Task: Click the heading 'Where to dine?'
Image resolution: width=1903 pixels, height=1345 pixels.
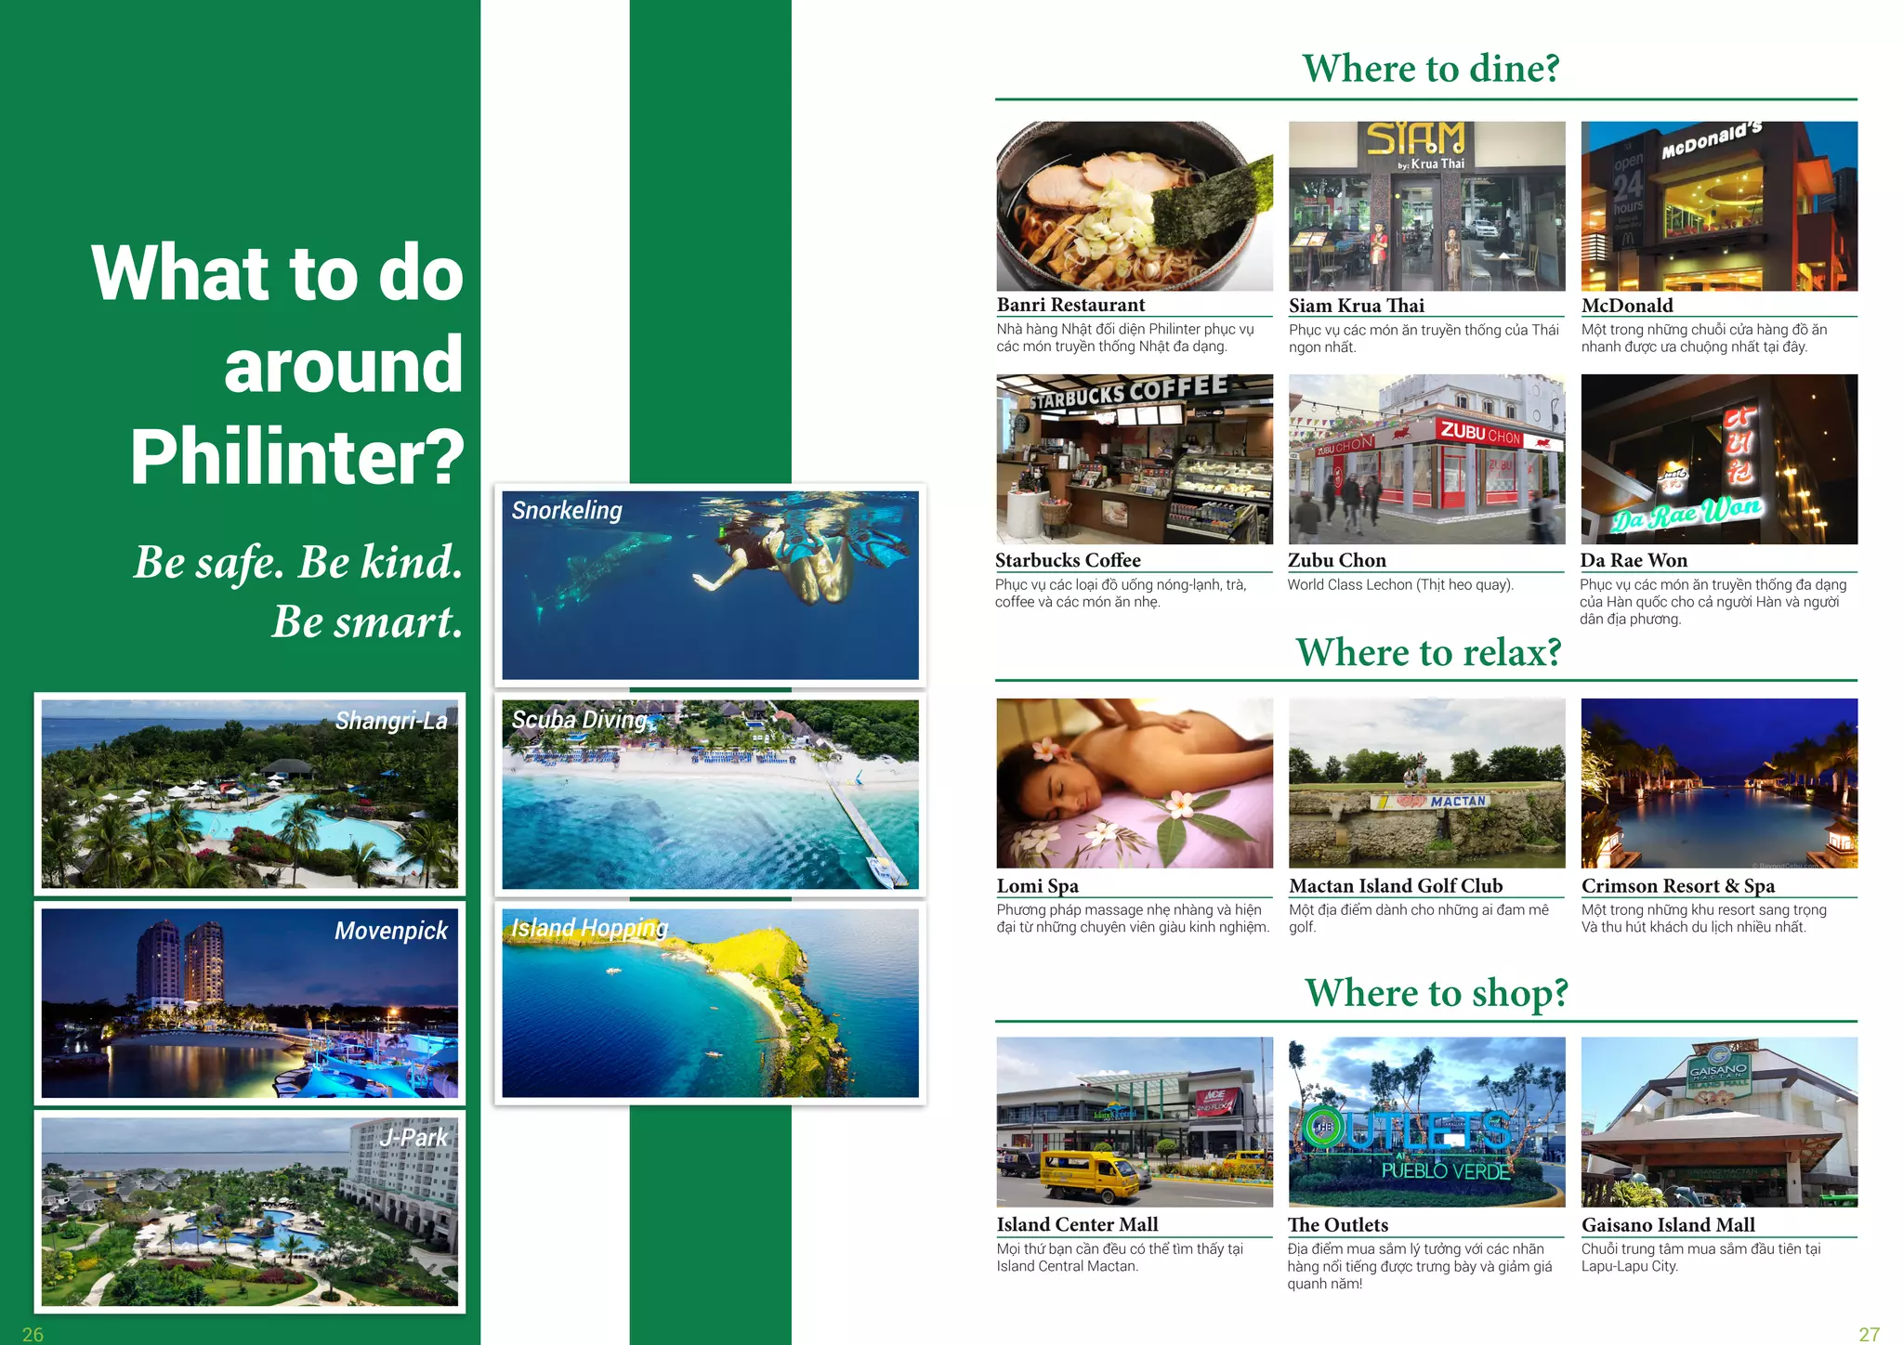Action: click(1430, 69)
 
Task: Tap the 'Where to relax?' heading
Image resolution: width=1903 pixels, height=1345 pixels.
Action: click(1428, 652)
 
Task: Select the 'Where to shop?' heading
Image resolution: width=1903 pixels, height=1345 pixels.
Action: click(1436, 992)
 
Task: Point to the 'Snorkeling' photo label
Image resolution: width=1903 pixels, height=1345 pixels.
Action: click(567, 511)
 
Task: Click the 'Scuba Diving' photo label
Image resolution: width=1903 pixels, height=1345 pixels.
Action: click(579, 720)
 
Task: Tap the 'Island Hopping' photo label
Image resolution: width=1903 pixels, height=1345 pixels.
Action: click(589, 928)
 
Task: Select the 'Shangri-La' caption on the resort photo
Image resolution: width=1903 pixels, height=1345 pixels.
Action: click(391, 721)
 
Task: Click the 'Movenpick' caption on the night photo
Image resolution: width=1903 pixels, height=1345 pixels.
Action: click(391, 931)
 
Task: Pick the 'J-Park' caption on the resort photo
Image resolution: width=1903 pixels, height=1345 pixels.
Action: click(413, 1138)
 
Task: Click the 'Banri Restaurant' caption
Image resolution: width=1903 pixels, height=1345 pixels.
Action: click(1070, 305)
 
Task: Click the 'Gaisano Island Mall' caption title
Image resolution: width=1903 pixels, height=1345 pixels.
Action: click(1668, 1225)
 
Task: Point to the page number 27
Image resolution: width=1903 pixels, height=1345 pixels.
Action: click(1869, 1334)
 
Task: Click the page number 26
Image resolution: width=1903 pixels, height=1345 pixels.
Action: click(33, 1334)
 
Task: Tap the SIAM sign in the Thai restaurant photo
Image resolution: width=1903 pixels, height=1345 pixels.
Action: click(1415, 138)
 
